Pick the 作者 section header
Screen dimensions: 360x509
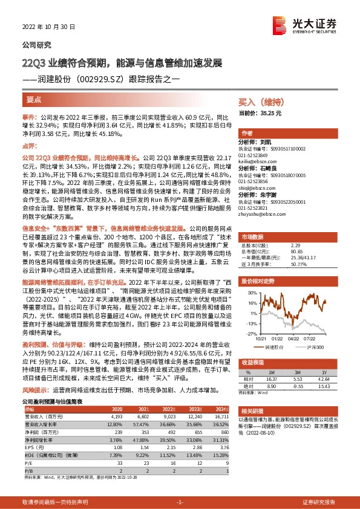246,134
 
